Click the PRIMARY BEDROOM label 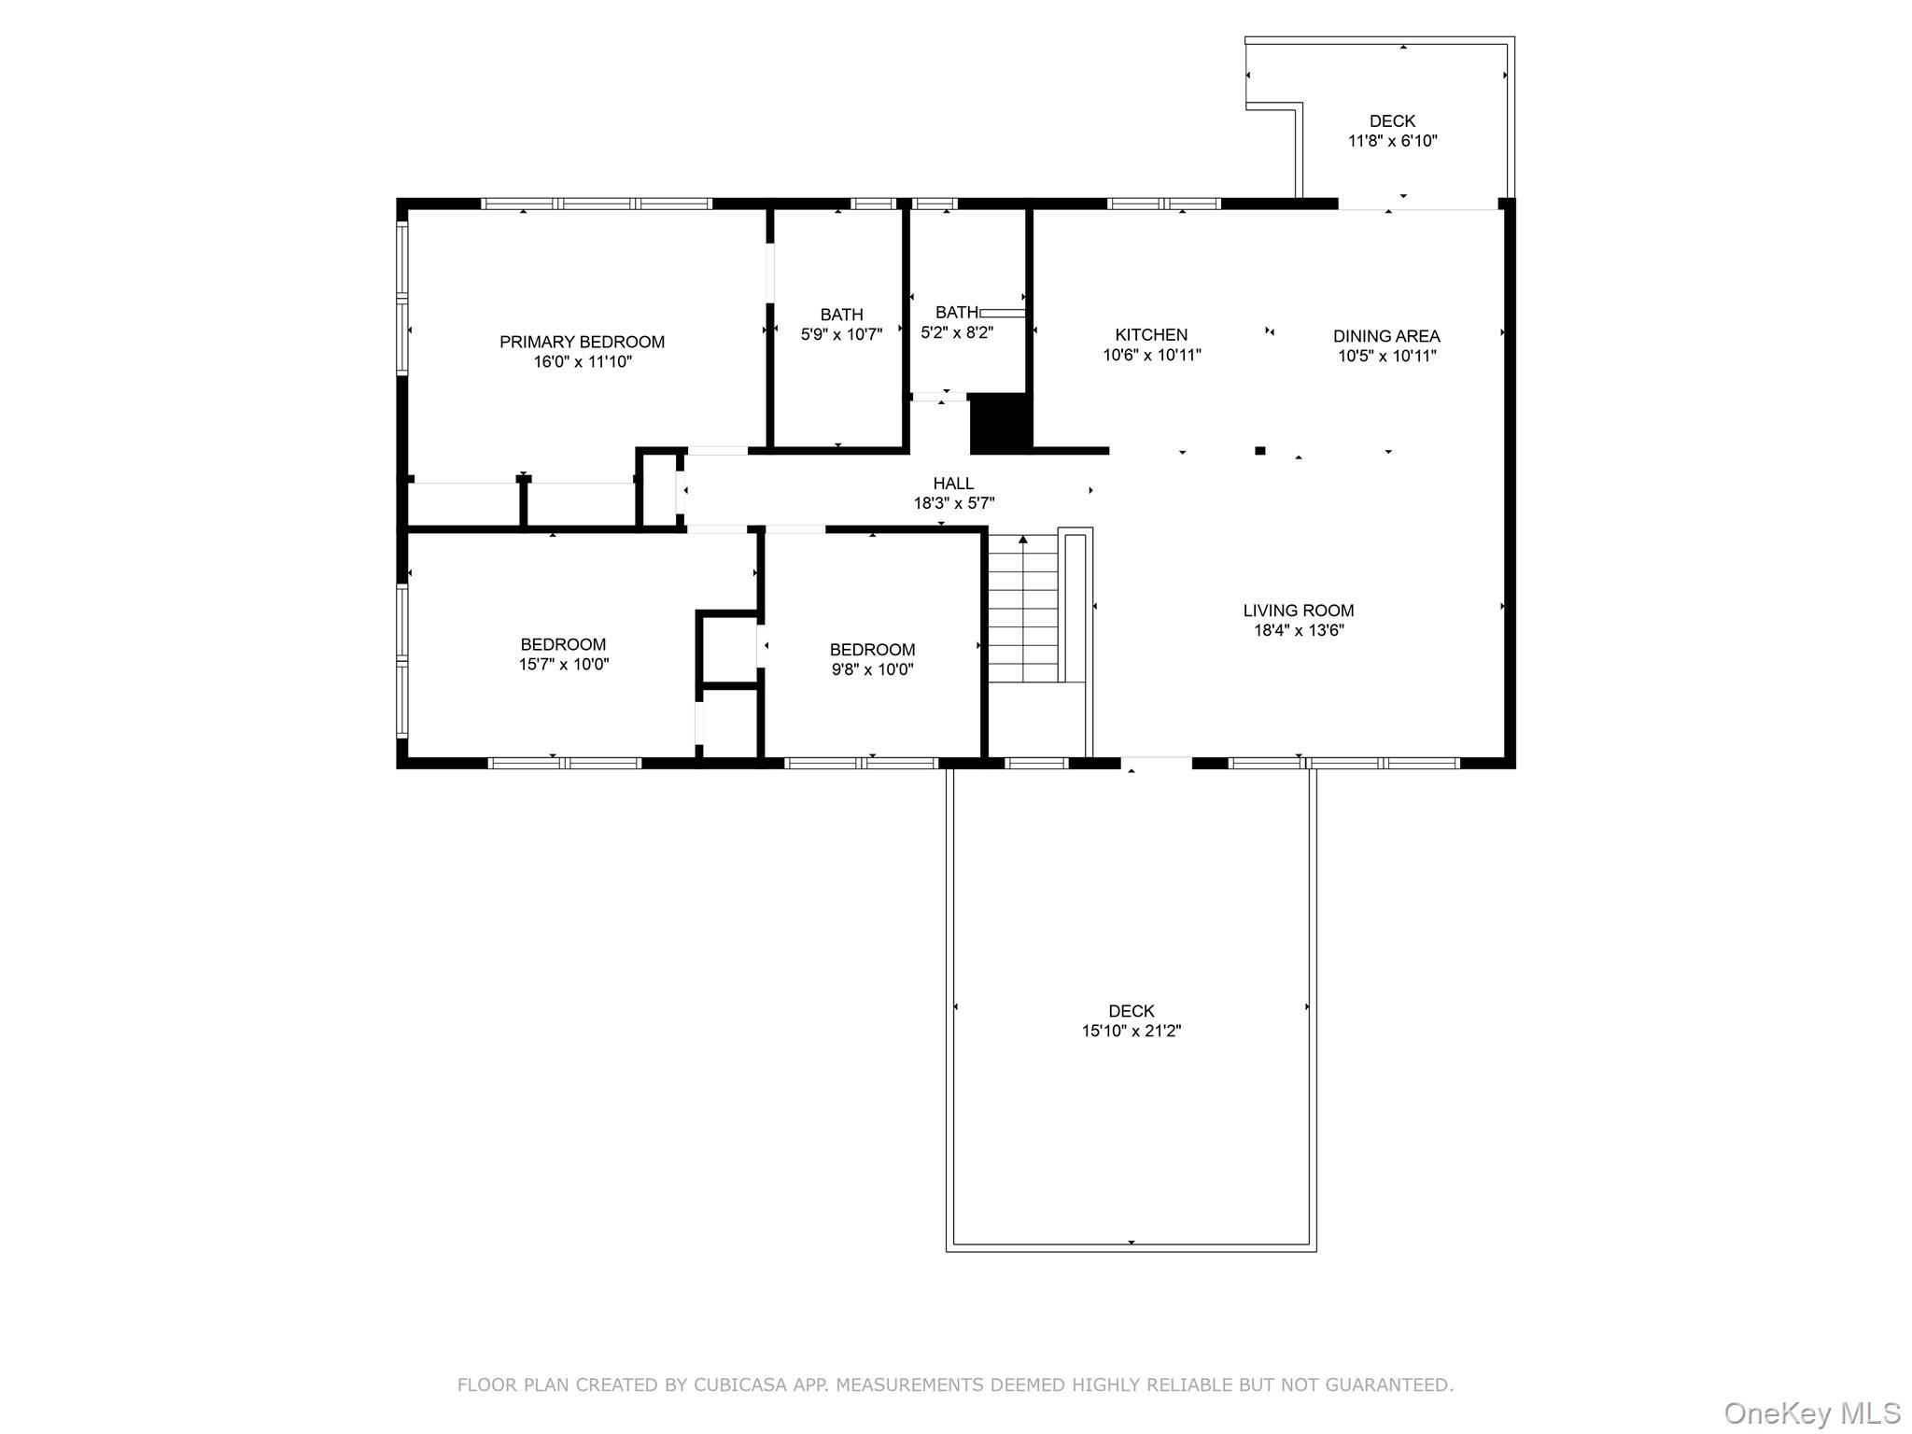coord(582,342)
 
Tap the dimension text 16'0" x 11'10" coord(582,362)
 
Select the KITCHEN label coord(1151,334)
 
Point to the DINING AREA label coord(1385,336)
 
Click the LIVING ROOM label coord(1298,611)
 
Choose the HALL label coord(953,484)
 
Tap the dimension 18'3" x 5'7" coord(953,504)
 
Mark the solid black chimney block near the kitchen coord(1001,424)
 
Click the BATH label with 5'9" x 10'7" coord(841,315)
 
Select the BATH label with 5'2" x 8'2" coord(956,312)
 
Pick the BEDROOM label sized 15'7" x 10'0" coord(563,644)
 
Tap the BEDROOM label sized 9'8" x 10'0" coord(872,650)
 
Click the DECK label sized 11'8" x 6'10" coord(1392,121)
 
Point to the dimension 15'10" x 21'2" coord(1132,1032)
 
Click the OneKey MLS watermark coord(1811,1413)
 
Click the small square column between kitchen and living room coord(1259,451)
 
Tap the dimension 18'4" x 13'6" coord(1298,630)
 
